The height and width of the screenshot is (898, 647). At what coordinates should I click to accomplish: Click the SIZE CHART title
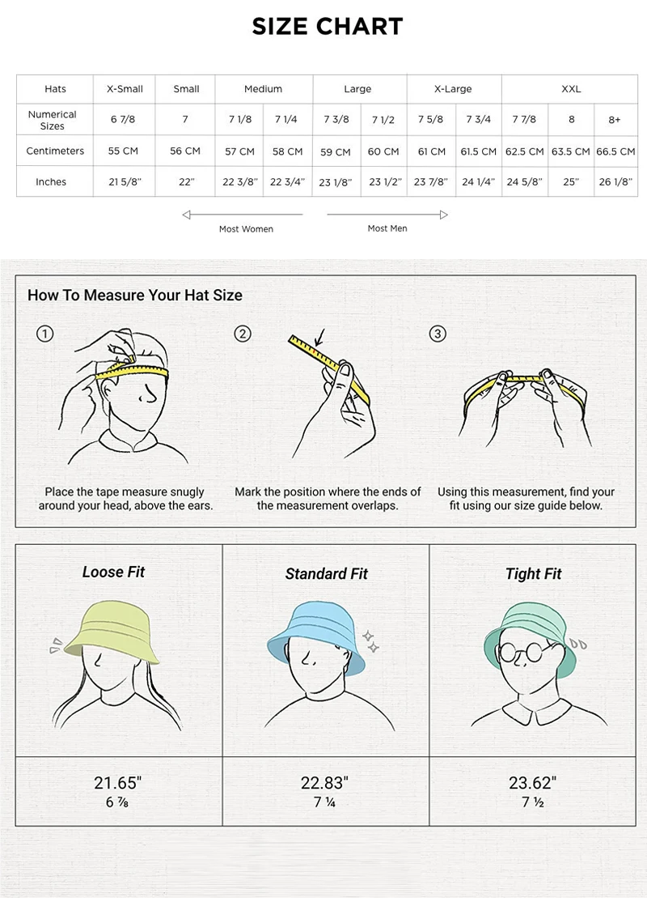click(328, 27)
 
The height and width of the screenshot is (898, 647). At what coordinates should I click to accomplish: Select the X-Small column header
click(125, 89)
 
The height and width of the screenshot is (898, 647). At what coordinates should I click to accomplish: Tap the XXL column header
click(571, 89)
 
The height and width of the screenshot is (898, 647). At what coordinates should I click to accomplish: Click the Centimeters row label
click(55, 151)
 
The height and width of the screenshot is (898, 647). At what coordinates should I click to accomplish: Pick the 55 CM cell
click(123, 151)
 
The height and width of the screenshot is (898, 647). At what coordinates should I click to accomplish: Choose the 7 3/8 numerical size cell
click(336, 119)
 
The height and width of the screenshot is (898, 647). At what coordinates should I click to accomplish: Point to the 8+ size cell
click(615, 120)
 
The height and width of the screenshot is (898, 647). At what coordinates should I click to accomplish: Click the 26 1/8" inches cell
click(615, 181)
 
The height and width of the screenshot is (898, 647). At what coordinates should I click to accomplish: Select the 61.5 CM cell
click(478, 151)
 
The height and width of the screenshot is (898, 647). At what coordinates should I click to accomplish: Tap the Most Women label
click(246, 229)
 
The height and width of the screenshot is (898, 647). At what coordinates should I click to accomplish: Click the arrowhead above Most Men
click(444, 215)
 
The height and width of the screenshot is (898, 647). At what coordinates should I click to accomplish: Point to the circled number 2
click(243, 334)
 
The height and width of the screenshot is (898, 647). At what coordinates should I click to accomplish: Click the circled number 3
click(438, 334)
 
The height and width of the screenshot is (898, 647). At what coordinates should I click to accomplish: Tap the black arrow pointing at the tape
click(319, 338)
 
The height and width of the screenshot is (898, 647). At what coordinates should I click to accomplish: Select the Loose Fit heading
click(113, 572)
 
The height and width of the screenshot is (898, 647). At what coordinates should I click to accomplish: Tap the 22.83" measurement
click(324, 782)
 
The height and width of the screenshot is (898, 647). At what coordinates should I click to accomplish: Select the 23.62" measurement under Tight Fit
click(533, 782)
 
